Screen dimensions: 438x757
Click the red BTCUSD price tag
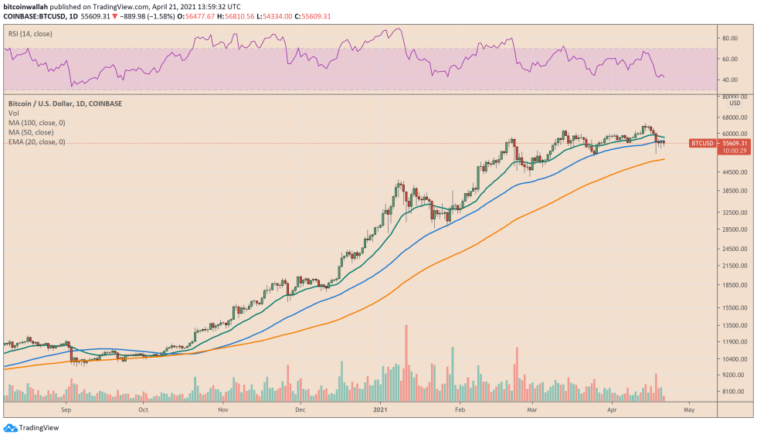(702, 143)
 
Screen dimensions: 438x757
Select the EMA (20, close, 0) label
(36, 142)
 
